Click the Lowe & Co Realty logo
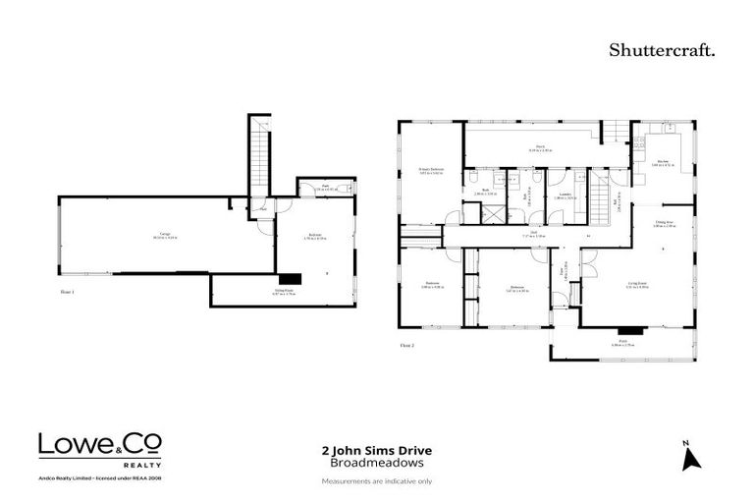pos(100,448)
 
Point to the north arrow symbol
pos(689,456)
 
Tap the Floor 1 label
pos(68,292)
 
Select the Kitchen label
pos(663,163)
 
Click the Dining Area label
pos(665,223)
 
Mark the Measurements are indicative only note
pos(377,481)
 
